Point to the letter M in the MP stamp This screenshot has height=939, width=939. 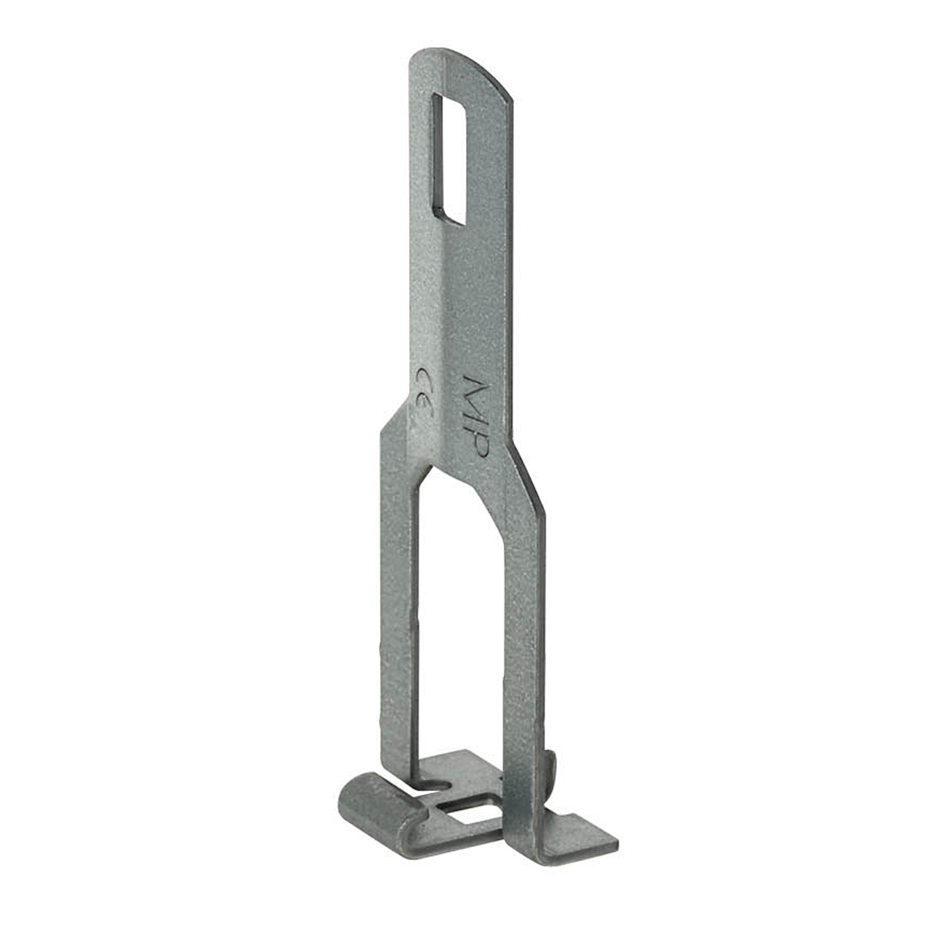(470, 393)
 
